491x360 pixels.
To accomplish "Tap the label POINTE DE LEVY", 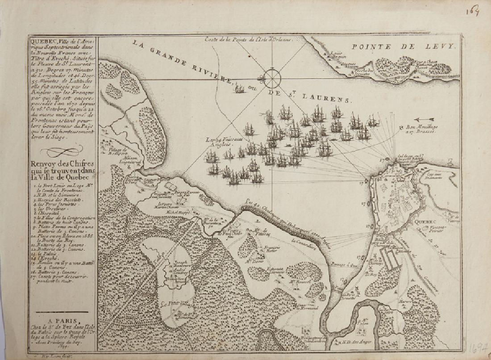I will point(403,46).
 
